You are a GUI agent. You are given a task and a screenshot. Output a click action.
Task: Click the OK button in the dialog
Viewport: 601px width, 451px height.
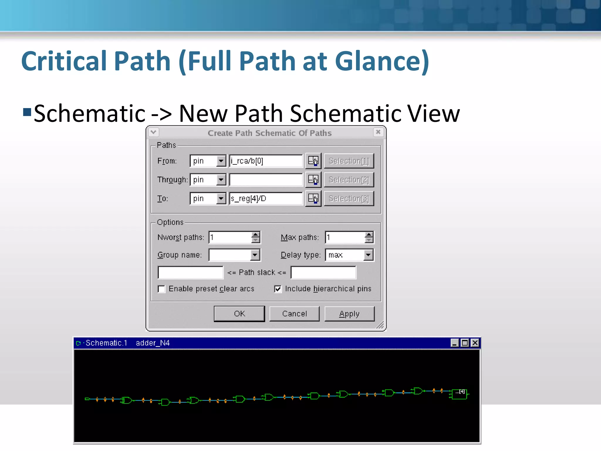pyautogui.click(x=239, y=314)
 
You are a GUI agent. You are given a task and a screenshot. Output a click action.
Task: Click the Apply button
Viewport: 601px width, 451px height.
pyautogui.click(x=349, y=314)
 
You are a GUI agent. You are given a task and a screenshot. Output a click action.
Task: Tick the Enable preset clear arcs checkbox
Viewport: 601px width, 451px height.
pyautogui.click(x=161, y=289)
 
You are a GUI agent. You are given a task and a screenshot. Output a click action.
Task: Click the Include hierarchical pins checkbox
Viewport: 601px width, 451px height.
pyautogui.click(x=278, y=289)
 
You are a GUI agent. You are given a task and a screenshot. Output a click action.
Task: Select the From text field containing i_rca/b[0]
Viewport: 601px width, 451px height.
pyautogui.click(x=266, y=161)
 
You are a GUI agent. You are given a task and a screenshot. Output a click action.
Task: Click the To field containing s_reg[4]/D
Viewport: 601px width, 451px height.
pyautogui.click(x=266, y=198)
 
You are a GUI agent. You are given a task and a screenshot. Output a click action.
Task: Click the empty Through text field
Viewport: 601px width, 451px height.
pyautogui.click(x=266, y=180)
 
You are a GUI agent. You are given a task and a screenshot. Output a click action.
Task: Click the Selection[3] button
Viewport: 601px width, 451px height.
pyautogui.click(x=349, y=198)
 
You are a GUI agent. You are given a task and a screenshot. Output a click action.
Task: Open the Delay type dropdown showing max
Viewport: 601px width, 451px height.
pyautogui.click(x=368, y=255)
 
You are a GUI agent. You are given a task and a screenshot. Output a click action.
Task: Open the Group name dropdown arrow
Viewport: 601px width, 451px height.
pyautogui.click(x=255, y=255)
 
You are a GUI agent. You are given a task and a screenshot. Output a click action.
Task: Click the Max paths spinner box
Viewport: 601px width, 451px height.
pyautogui.click(x=345, y=237)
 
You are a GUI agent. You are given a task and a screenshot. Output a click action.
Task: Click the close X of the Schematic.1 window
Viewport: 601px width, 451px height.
pyautogui.click(x=475, y=343)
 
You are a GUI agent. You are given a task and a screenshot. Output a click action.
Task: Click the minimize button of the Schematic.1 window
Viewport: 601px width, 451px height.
pyautogui.click(x=455, y=343)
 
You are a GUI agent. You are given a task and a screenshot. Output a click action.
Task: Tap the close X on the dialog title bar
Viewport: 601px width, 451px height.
pyautogui.click(x=378, y=132)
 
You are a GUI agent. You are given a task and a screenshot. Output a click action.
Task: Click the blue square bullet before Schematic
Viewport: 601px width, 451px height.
pyautogui.click(x=27, y=112)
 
